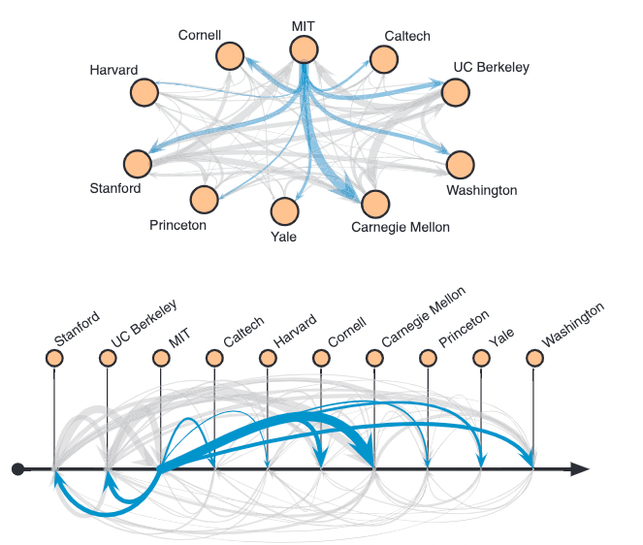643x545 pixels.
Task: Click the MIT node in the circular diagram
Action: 304,49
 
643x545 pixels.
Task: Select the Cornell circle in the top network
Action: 231,56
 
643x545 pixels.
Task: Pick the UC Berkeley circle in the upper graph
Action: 456,93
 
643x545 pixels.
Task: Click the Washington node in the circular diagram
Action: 460,164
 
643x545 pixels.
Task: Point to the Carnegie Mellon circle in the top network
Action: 375,203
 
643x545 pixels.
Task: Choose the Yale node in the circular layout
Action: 284,211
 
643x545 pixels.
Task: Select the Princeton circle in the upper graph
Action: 204,199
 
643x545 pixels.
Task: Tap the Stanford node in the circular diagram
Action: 138,164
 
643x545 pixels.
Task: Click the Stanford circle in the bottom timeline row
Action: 54,359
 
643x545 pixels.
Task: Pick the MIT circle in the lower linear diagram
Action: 161,359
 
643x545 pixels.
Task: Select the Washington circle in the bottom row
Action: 533,359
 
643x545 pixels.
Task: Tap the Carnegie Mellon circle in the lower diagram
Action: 374,359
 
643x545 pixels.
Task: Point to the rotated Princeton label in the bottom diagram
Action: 464,328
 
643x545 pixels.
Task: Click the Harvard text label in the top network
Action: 113,70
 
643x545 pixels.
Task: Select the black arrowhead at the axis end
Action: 579,469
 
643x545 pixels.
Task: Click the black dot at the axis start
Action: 17,469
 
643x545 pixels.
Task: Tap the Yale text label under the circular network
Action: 284,236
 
